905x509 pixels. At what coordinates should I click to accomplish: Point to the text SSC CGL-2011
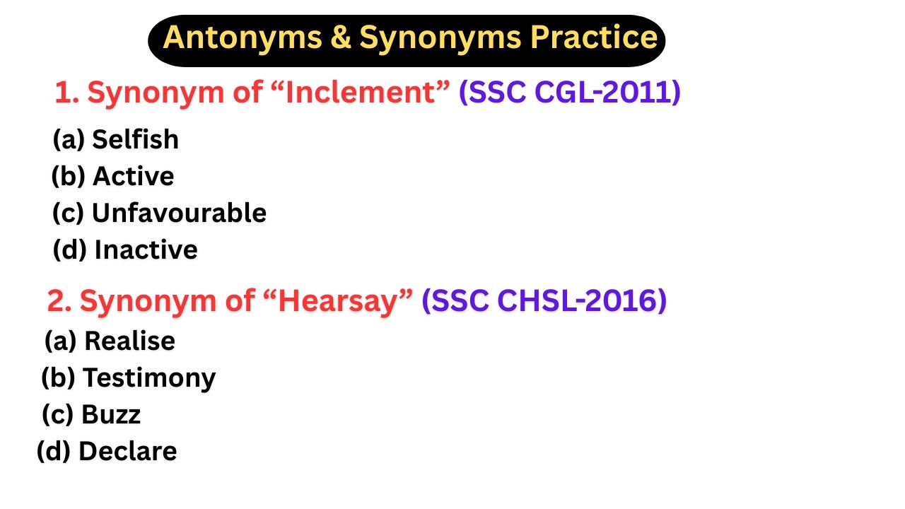point(570,93)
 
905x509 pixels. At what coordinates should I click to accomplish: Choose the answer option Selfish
point(135,139)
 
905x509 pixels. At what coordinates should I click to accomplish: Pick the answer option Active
point(133,176)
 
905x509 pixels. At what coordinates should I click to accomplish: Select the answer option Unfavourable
point(179,213)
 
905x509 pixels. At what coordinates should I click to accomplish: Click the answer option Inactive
point(146,250)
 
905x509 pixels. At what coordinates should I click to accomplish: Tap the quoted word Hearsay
point(346,302)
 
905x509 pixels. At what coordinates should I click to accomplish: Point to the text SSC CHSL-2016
point(544,302)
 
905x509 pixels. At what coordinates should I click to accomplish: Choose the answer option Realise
point(129,341)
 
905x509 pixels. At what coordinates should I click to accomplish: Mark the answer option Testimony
point(149,378)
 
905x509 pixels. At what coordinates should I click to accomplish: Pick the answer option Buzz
point(111,415)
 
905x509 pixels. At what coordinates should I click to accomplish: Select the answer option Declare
point(127,452)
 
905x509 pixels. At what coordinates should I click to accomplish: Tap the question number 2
point(57,302)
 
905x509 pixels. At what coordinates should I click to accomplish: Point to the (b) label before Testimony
point(59,378)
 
